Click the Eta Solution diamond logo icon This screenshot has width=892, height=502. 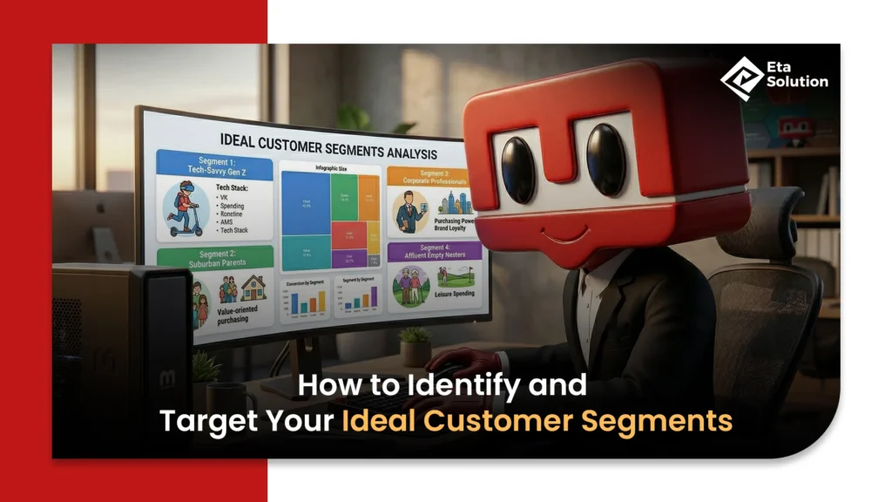click(740, 76)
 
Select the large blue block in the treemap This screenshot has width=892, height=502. click(307, 203)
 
